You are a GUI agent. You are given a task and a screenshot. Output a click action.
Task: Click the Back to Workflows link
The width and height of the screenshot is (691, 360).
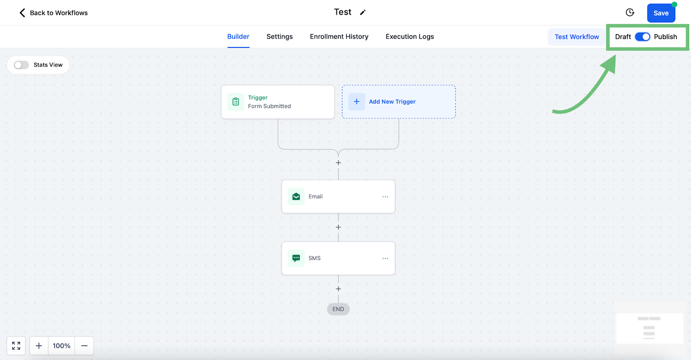click(54, 13)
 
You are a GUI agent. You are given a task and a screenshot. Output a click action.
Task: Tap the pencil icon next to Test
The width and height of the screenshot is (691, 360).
click(363, 13)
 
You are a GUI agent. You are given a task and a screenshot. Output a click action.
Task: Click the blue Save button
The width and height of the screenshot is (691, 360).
click(661, 13)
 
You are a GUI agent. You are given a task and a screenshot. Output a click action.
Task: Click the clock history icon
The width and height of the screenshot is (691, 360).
click(630, 13)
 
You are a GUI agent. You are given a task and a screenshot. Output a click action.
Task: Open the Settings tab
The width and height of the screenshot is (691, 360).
click(279, 36)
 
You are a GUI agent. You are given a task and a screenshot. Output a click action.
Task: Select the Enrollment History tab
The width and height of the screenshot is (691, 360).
click(339, 36)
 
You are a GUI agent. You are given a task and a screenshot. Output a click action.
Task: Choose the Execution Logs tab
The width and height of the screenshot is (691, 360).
click(410, 36)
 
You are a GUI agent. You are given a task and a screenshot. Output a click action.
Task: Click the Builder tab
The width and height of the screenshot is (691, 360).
click(238, 36)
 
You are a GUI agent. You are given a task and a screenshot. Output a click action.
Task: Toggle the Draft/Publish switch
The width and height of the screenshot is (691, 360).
click(643, 37)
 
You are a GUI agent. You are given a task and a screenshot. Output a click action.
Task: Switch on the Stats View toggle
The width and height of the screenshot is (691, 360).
click(21, 65)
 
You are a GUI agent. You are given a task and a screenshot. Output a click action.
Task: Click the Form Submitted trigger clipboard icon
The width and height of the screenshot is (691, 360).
click(236, 101)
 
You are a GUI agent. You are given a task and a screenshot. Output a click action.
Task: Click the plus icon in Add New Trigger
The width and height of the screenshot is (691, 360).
click(357, 101)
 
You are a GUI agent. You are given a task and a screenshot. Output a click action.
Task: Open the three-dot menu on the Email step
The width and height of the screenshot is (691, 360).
click(385, 197)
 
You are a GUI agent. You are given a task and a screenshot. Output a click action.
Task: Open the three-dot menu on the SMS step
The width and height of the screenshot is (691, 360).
click(385, 258)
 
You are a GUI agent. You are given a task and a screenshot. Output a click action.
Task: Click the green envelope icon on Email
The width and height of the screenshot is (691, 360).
click(296, 196)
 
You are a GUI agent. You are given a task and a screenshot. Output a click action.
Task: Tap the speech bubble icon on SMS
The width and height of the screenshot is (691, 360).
click(296, 258)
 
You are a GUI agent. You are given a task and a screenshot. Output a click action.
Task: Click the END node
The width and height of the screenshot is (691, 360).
click(339, 309)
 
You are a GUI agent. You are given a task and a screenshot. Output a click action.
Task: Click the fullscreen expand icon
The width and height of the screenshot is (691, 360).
click(16, 345)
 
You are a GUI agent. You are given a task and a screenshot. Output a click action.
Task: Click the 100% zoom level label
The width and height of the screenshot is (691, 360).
click(61, 346)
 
